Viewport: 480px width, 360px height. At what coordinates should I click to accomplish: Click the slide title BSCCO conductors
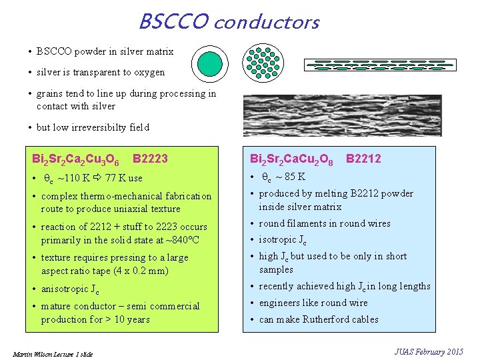(x=229, y=22)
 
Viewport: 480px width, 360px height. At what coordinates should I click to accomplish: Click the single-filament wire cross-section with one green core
(x=210, y=64)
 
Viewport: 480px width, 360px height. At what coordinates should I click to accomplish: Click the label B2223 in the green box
(x=151, y=159)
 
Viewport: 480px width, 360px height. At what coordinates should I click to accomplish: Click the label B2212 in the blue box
(x=363, y=159)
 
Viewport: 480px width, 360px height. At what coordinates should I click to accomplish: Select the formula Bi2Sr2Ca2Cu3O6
(x=76, y=160)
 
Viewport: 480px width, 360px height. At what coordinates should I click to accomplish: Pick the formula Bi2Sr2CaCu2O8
(x=291, y=159)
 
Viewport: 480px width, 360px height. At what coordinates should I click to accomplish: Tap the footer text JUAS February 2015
(x=428, y=351)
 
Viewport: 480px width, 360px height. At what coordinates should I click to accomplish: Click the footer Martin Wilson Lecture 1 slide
(x=52, y=353)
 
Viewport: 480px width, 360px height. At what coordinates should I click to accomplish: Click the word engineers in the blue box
(x=279, y=303)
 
